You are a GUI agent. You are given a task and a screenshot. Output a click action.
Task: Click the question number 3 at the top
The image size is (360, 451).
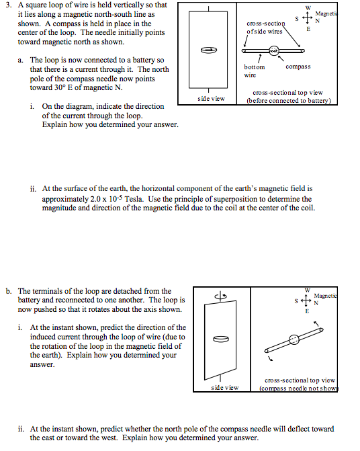pos(9,5)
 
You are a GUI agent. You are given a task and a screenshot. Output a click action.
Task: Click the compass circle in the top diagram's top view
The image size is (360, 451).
pos(274,50)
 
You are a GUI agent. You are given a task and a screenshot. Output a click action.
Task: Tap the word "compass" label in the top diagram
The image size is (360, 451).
pos(298,67)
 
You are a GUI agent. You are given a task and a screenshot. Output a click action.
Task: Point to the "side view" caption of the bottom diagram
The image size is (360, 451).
pos(224,388)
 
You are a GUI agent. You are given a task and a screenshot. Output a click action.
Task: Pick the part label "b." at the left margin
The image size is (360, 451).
pos(9,291)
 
